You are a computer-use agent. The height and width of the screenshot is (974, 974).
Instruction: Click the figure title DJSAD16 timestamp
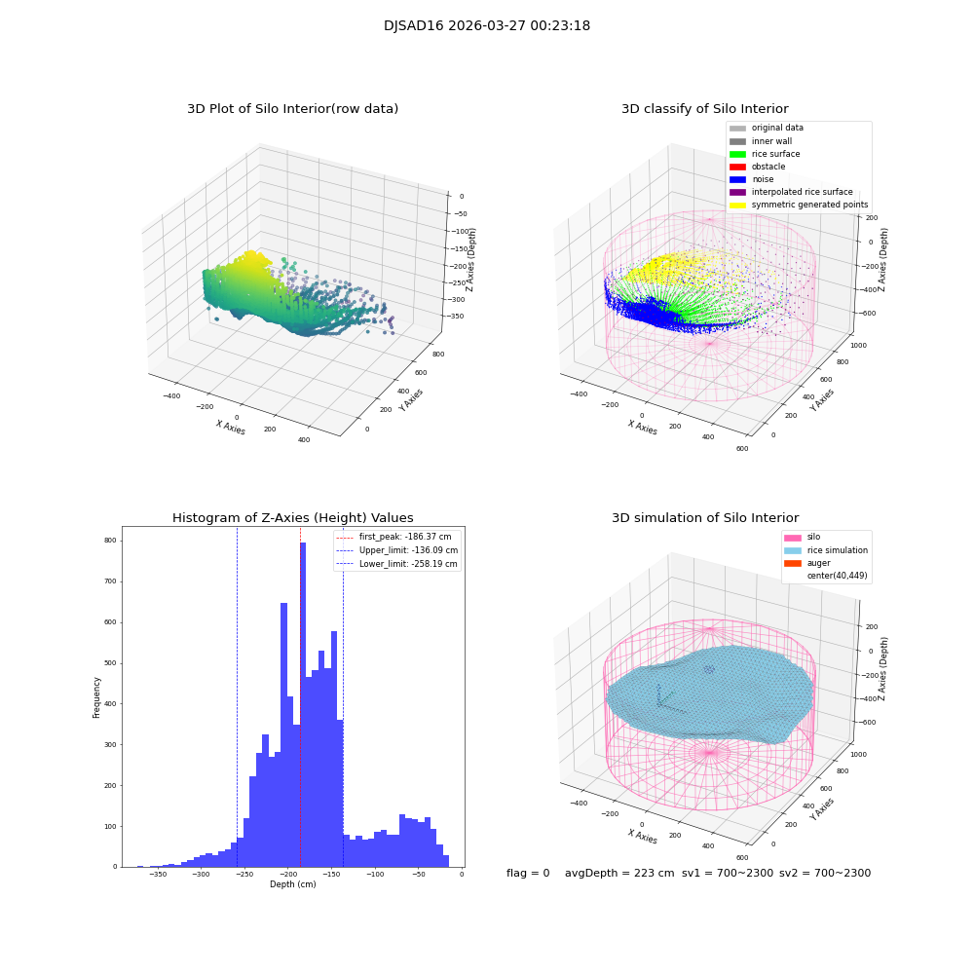[x=486, y=26]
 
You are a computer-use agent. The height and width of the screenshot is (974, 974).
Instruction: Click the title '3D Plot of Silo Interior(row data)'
[x=292, y=109]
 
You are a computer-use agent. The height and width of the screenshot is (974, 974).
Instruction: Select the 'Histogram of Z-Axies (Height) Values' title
[x=292, y=518]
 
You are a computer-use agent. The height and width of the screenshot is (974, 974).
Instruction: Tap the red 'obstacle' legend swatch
[x=737, y=167]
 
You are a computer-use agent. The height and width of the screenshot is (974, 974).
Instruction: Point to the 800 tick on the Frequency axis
[x=110, y=541]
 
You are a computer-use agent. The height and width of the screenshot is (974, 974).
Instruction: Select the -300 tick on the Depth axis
[x=201, y=874]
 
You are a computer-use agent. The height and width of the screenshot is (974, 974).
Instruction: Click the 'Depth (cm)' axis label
[x=292, y=884]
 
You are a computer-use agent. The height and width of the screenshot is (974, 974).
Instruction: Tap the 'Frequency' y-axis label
[x=96, y=696]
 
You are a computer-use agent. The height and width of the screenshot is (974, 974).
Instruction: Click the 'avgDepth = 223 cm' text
[x=619, y=874]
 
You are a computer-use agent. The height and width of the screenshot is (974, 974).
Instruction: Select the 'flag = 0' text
[x=528, y=874]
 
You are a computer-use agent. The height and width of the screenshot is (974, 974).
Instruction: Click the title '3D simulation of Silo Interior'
[x=705, y=518]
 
